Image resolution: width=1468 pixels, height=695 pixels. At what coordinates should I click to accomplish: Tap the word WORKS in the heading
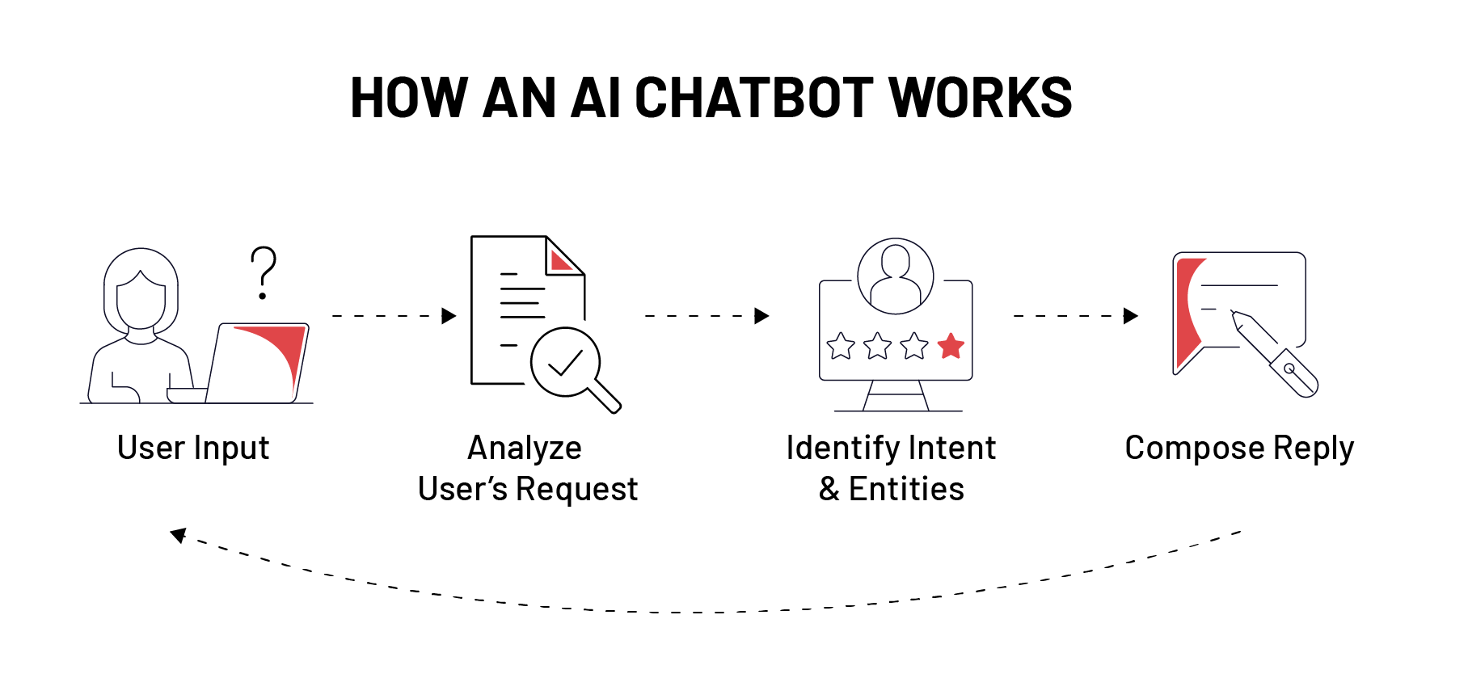coord(980,99)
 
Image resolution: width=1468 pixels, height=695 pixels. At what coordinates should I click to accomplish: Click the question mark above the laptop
coord(263,272)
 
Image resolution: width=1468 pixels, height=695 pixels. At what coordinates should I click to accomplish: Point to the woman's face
coord(141,301)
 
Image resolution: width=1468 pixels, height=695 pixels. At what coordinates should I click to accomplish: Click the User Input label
coord(193,448)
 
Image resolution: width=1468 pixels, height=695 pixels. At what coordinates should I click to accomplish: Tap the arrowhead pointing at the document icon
coord(449,316)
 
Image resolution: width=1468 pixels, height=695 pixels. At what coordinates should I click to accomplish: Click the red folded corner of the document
coord(559,260)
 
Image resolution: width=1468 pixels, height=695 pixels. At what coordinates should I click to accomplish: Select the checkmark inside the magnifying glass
coord(565,362)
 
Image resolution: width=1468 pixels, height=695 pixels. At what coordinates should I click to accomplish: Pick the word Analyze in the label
coord(525,448)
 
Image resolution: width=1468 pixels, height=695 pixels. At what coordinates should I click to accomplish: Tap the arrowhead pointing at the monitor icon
coord(761,316)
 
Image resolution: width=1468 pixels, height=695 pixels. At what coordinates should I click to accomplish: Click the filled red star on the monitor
coord(951,346)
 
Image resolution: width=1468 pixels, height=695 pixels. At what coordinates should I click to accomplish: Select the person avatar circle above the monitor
coord(895,276)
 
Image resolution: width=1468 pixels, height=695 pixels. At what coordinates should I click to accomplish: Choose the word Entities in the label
coord(906,489)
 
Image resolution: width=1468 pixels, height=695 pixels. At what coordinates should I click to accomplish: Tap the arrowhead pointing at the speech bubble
coord(1130,316)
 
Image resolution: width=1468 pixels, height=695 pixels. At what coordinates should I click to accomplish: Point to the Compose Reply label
coord(1238,448)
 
